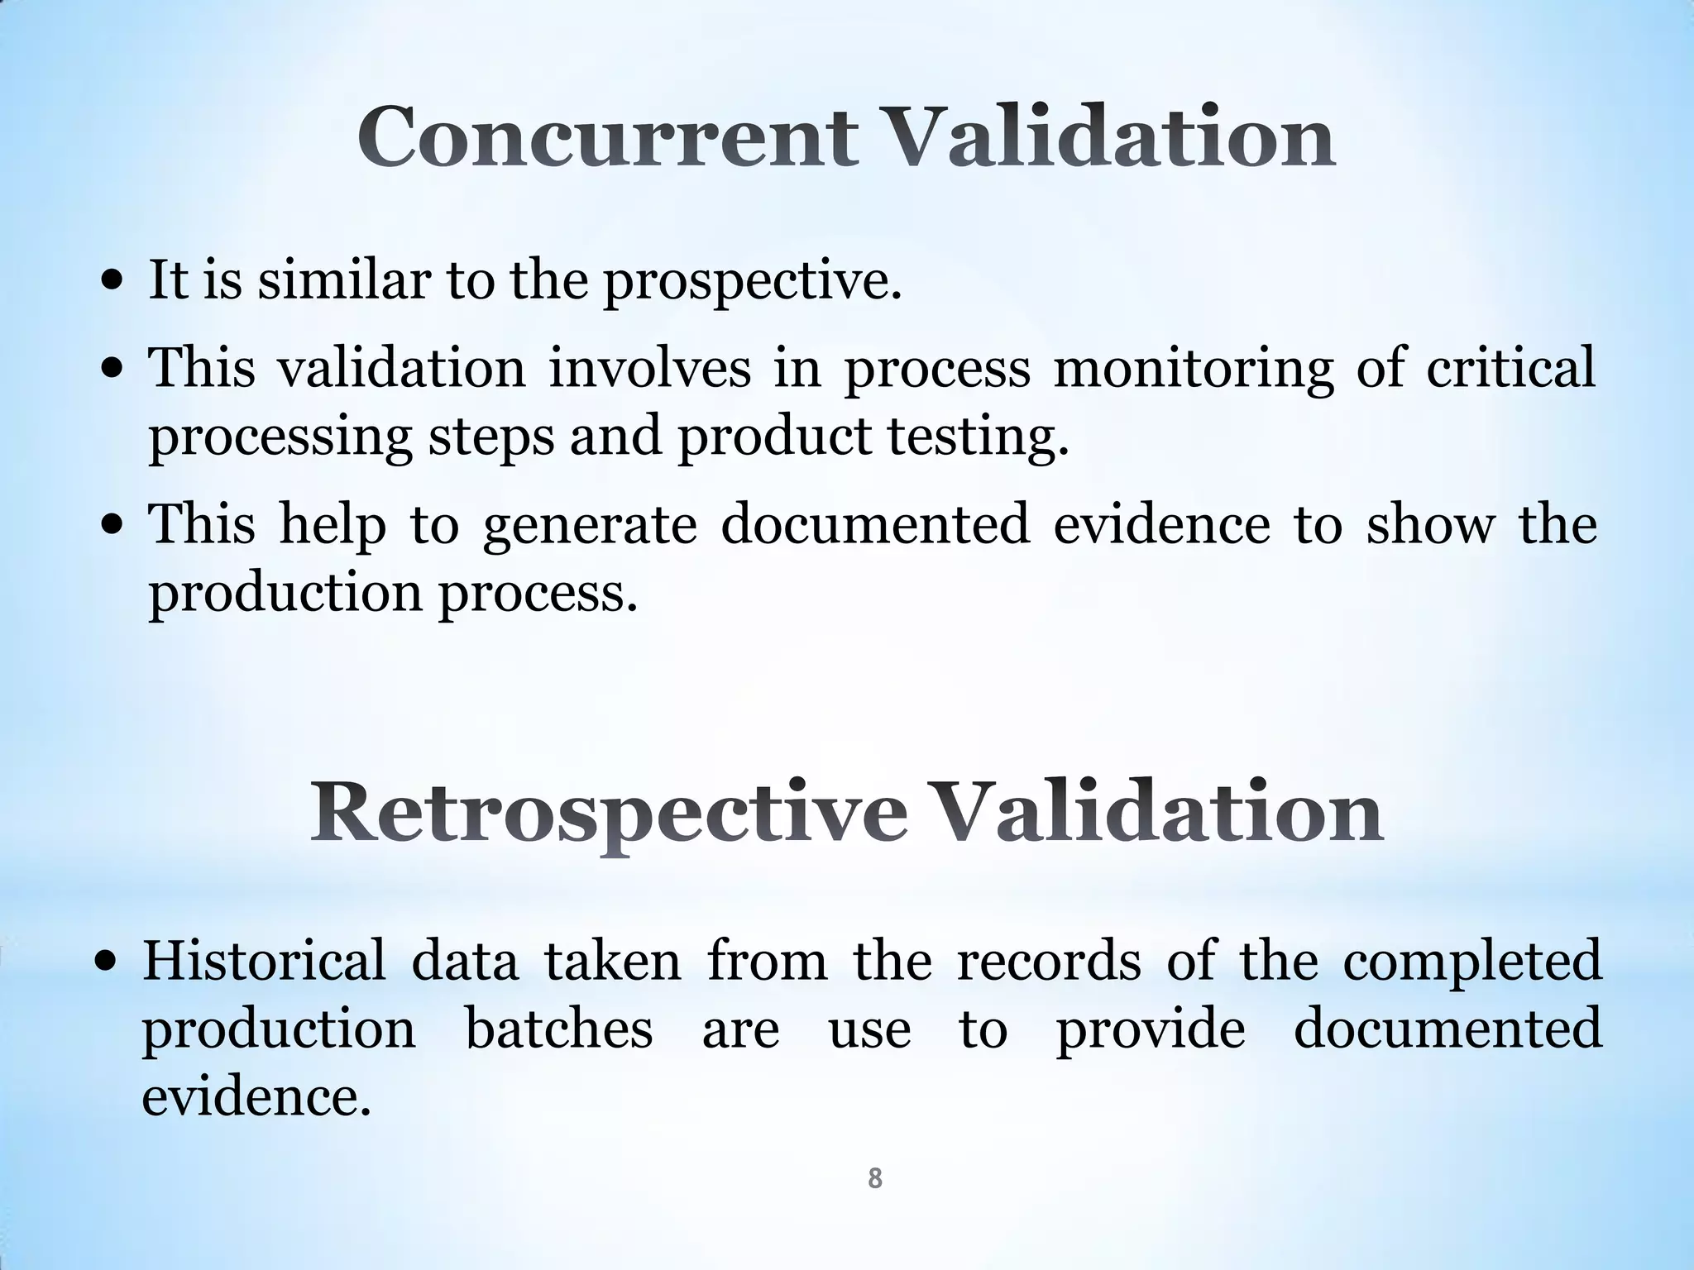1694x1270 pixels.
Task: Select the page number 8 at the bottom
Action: pyautogui.click(x=874, y=1178)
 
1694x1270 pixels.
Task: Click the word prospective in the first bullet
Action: pyautogui.click(x=751, y=280)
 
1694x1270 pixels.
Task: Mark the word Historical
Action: pyautogui.click(x=264, y=962)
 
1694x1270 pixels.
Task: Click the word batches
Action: pyautogui.click(x=559, y=1030)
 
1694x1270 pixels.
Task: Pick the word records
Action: pyautogui.click(x=1048, y=962)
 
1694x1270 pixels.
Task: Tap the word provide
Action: pyautogui.click(x=1151, y=1030)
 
